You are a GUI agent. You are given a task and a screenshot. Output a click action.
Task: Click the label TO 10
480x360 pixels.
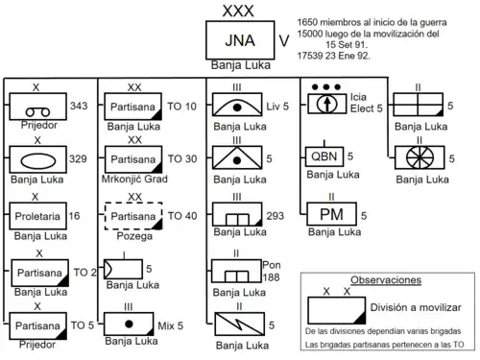click(x=181, y=107)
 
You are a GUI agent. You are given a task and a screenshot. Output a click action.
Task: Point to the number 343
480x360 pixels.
click(x=79, y=106)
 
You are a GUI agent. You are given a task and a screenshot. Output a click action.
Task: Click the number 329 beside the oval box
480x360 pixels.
click(x=78, y=158)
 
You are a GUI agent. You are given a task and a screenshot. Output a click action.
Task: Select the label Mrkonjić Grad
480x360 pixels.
click(x=134, y=179)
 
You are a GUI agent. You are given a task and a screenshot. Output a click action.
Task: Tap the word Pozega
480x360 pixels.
click(x=134, y=236)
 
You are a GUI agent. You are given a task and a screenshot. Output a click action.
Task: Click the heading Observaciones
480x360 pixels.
click(x=386, y=280)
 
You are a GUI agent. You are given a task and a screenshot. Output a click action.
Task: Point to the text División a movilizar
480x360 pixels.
click(x=416, y=307)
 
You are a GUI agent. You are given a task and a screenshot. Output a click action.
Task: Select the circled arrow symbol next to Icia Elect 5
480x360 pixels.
click(x=327, y=103)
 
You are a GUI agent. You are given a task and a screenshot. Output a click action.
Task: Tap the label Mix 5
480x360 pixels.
click(x=171, y=326)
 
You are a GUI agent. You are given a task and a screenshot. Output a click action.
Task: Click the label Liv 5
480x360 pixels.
click(x=277, y=107)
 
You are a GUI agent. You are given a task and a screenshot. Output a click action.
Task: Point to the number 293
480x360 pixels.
click(x=276, y=216)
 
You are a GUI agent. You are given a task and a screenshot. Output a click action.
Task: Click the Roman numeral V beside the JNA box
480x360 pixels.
click(x=284, y=41)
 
